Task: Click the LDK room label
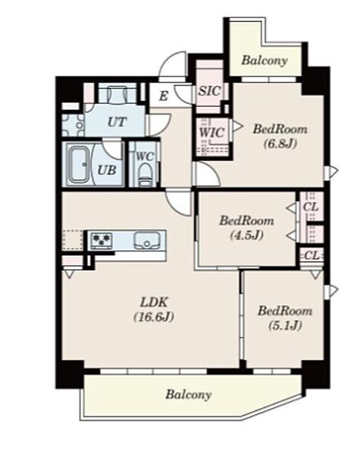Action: [154, 303]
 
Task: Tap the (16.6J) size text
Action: [154, 317]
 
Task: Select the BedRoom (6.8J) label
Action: [280, 136]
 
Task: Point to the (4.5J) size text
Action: [247, 235]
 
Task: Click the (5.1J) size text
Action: [285, 325]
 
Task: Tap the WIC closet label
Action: [211, 133]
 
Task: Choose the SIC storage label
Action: [209, 91]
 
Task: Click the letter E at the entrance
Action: [164, 96]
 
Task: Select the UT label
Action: [117, 122]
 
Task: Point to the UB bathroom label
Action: [107, 170]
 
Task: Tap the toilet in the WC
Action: [143, 174]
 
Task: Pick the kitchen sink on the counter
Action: [147, 240]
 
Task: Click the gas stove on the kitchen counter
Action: [102, 240]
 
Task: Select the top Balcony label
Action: [265, 61]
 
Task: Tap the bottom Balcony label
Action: [189, 394]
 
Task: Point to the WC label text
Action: [145, 156]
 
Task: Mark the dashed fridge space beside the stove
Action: [73, 240]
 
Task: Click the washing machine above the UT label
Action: [117, 93]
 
